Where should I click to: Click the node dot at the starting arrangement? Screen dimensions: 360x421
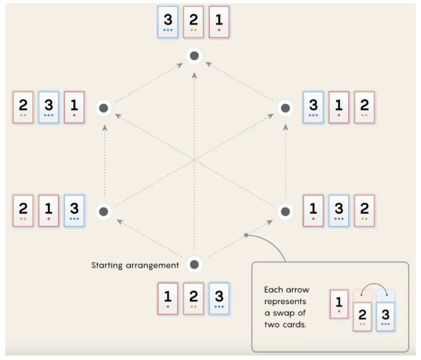click(195, 264)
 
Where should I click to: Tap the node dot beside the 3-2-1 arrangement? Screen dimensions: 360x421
click(195, 56)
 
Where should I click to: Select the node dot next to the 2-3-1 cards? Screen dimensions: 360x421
click(103, 109)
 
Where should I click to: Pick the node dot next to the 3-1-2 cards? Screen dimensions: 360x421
click(285, 109)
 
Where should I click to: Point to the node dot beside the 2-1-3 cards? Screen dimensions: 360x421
click(103, 211)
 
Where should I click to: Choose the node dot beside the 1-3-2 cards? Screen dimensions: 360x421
click(285, 211)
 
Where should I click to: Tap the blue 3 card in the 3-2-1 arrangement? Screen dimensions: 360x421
click(168, 22)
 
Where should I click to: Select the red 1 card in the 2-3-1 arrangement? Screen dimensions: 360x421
click(74, 107)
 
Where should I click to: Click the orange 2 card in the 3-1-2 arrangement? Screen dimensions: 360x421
click(364, 107)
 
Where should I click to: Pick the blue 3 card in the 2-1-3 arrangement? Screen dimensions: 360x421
click(74, 211)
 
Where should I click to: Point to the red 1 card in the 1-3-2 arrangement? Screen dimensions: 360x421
click(313, 211)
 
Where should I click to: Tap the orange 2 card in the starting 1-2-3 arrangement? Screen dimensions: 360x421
click(193, 298)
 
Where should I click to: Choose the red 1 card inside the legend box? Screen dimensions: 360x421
click(339, 304)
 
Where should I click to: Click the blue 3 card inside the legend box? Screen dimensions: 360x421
click(385, 317)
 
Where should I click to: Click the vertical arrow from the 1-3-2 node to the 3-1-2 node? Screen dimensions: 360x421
click(285, 160)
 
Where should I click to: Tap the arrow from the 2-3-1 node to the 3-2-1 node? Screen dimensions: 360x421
click(149, 82)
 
